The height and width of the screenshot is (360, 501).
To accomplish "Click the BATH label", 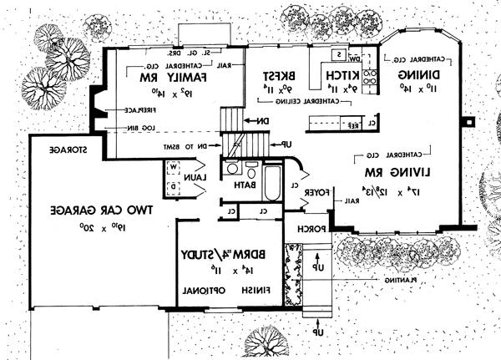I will (244, 185).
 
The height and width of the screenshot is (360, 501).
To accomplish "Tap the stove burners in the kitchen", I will (371, 77).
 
